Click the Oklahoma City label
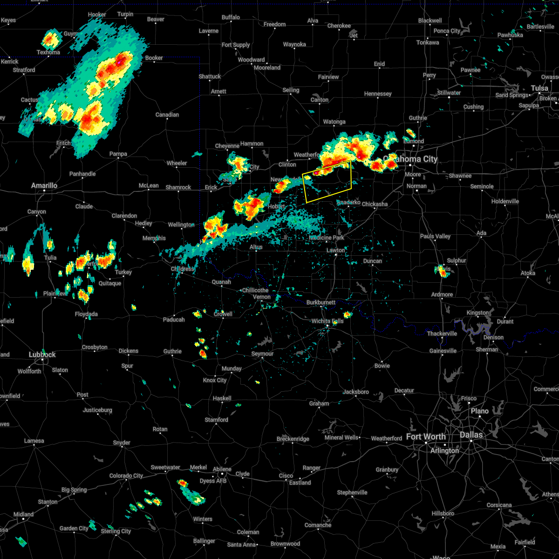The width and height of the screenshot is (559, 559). coord(411,159)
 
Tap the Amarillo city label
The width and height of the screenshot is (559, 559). coord(44,185)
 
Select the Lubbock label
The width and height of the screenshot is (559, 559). coord(42,355)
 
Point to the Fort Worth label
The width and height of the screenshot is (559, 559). coord(426,436)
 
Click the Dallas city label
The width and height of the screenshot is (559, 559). coord(471,435)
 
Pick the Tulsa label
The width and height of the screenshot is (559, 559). coord(539,88)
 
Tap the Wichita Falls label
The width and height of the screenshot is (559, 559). coord(327,321)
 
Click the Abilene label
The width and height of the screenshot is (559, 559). coord(222,469)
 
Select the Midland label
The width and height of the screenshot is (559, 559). coord(23,514)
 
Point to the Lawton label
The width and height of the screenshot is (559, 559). coord(335,250)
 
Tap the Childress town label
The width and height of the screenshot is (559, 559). coord(183,269)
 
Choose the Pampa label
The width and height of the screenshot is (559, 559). coord(118,154)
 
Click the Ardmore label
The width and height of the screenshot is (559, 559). coord(442,294)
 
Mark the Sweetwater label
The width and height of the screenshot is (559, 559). coord(165,467)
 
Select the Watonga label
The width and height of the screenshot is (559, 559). coord(334,122)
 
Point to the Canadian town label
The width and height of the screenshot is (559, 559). coord(167,115)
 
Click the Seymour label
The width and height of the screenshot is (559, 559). coord(262,354)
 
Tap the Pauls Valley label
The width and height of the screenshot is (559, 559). coord(435,236)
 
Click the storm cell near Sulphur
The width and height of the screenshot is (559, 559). coord(443,272)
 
